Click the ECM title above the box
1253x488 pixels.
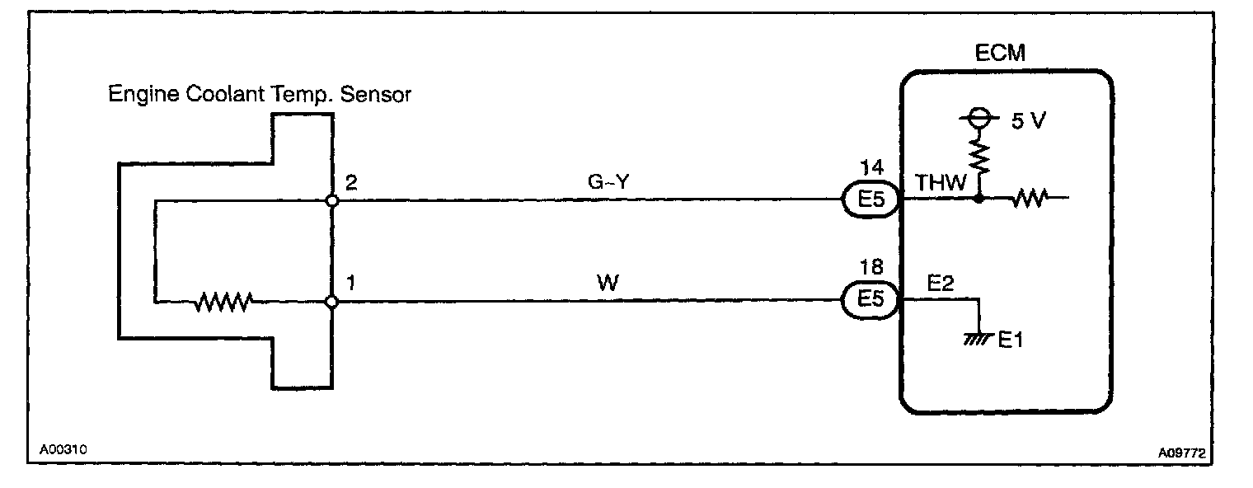[x=1002, y=55]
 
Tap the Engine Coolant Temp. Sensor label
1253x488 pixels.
[x=260, y=95]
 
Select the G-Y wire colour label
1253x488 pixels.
[x=609, y=183]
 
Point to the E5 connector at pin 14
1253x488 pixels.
[x=870, y=199]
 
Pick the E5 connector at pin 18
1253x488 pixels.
[x=870, y=301]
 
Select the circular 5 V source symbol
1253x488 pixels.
[x=978, y=120]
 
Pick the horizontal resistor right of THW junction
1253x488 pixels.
[x=1029, y=199]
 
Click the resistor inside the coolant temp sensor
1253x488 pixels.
[x=222, y=303]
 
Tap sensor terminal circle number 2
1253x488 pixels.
[x=331, y=200]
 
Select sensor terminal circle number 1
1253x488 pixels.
[x=331, y=303]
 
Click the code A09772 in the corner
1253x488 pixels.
[x=1186, y=452]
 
